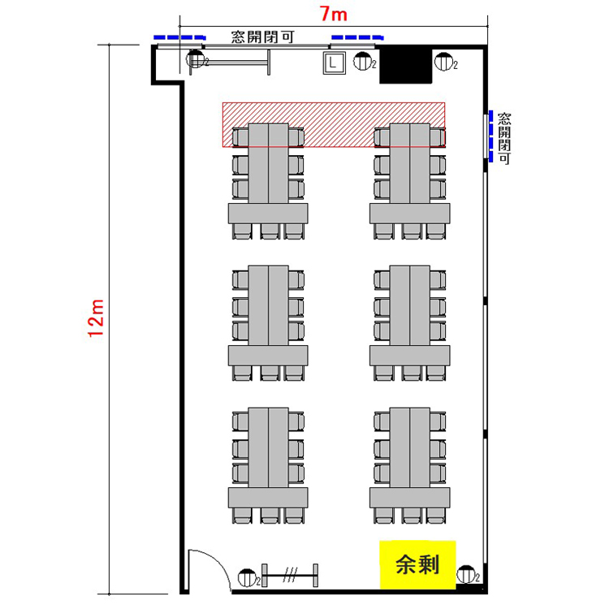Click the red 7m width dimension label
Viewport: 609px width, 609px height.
333,15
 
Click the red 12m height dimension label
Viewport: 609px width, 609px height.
96,318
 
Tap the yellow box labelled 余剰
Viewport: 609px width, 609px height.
417,564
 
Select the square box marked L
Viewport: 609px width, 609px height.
334,63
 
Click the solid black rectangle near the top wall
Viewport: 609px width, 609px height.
405,64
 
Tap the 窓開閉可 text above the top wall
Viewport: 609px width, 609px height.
262,37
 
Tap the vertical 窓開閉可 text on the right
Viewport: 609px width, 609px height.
504,138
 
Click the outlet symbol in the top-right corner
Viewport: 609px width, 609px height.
444,63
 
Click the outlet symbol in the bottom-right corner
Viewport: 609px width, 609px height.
466,574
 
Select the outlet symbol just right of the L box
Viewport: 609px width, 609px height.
363,62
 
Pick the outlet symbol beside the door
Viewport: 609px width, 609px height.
248,578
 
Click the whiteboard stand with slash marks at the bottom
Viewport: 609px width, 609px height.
290,575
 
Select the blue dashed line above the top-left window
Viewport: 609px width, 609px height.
179,37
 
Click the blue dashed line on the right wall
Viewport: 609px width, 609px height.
491,136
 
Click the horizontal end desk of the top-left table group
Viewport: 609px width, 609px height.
268,214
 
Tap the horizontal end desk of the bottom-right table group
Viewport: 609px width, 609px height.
410,498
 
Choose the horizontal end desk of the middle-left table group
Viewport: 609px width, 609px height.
268,356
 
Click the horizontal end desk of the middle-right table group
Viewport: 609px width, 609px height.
410,356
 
